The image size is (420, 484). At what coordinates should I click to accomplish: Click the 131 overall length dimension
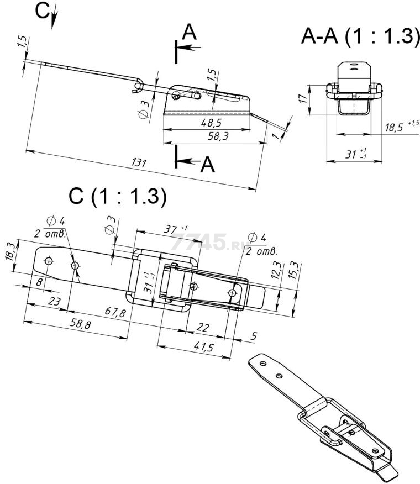[139, 163]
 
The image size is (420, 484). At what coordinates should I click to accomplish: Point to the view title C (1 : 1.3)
[117, 197]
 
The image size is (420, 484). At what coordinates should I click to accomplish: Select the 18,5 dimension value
[394, 128]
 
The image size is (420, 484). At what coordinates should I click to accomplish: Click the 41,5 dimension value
[204, 348]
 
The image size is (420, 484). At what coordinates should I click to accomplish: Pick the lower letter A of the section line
[207, 164]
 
